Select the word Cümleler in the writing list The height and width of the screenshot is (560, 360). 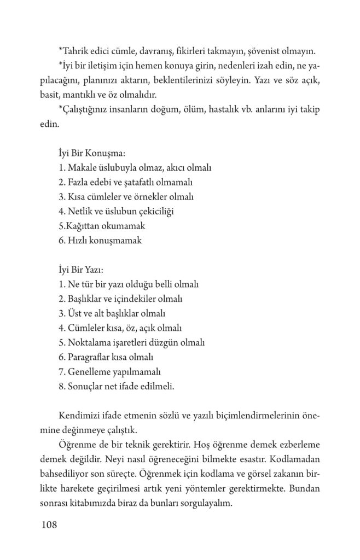click(84, 329)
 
